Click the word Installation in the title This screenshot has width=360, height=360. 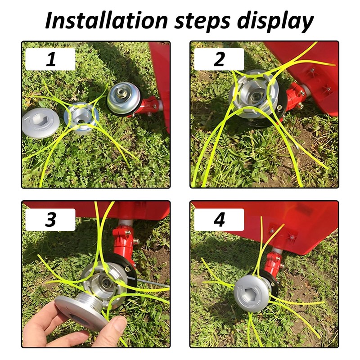click(107, 21)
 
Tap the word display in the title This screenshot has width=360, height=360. click(275, 22)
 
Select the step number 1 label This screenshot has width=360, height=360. click(51, 59)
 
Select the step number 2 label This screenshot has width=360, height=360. click(219, 59)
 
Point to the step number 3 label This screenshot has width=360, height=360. click(51, 220)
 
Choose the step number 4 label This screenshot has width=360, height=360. click(219, 220)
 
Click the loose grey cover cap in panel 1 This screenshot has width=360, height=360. click(41, 122)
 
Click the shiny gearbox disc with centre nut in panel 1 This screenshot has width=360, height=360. click(121, 98)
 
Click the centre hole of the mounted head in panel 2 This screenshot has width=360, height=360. click(254, 96)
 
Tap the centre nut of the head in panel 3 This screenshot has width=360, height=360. click(106, 282)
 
